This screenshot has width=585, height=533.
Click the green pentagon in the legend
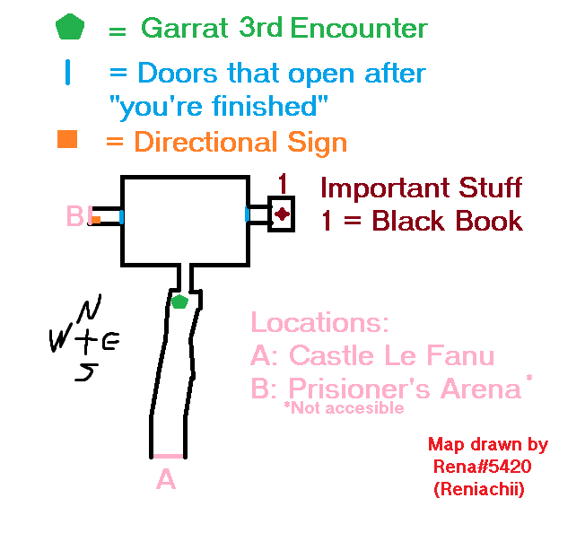pos(70,27)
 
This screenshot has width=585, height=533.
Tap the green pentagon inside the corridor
pos(179,301)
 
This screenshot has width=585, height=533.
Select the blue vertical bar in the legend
pos(67,73)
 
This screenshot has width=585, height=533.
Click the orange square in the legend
pos(67,139)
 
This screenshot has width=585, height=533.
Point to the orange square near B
pos(96,220)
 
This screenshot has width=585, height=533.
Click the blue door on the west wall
pos(122,217)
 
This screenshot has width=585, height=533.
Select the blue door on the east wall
pos(247,214)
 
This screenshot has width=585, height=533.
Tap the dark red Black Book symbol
pos(282,214)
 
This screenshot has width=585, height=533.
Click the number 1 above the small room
pos(283,184)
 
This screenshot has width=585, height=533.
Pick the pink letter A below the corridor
pos(166,478)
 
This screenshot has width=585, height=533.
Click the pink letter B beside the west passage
pos(75,215)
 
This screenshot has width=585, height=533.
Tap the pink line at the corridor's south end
pos(169,456)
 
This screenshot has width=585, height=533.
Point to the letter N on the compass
pos(90,308)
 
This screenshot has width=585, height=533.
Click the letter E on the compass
pos(110,342)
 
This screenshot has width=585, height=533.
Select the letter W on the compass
pos(60,340)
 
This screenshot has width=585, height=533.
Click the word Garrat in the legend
pos(185,28)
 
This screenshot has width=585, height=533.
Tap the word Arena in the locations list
pos(481,389)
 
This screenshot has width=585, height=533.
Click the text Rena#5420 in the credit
pos(483,467)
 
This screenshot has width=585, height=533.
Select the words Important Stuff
pos(421,188)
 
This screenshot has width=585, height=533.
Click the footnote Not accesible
pos(344,407)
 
